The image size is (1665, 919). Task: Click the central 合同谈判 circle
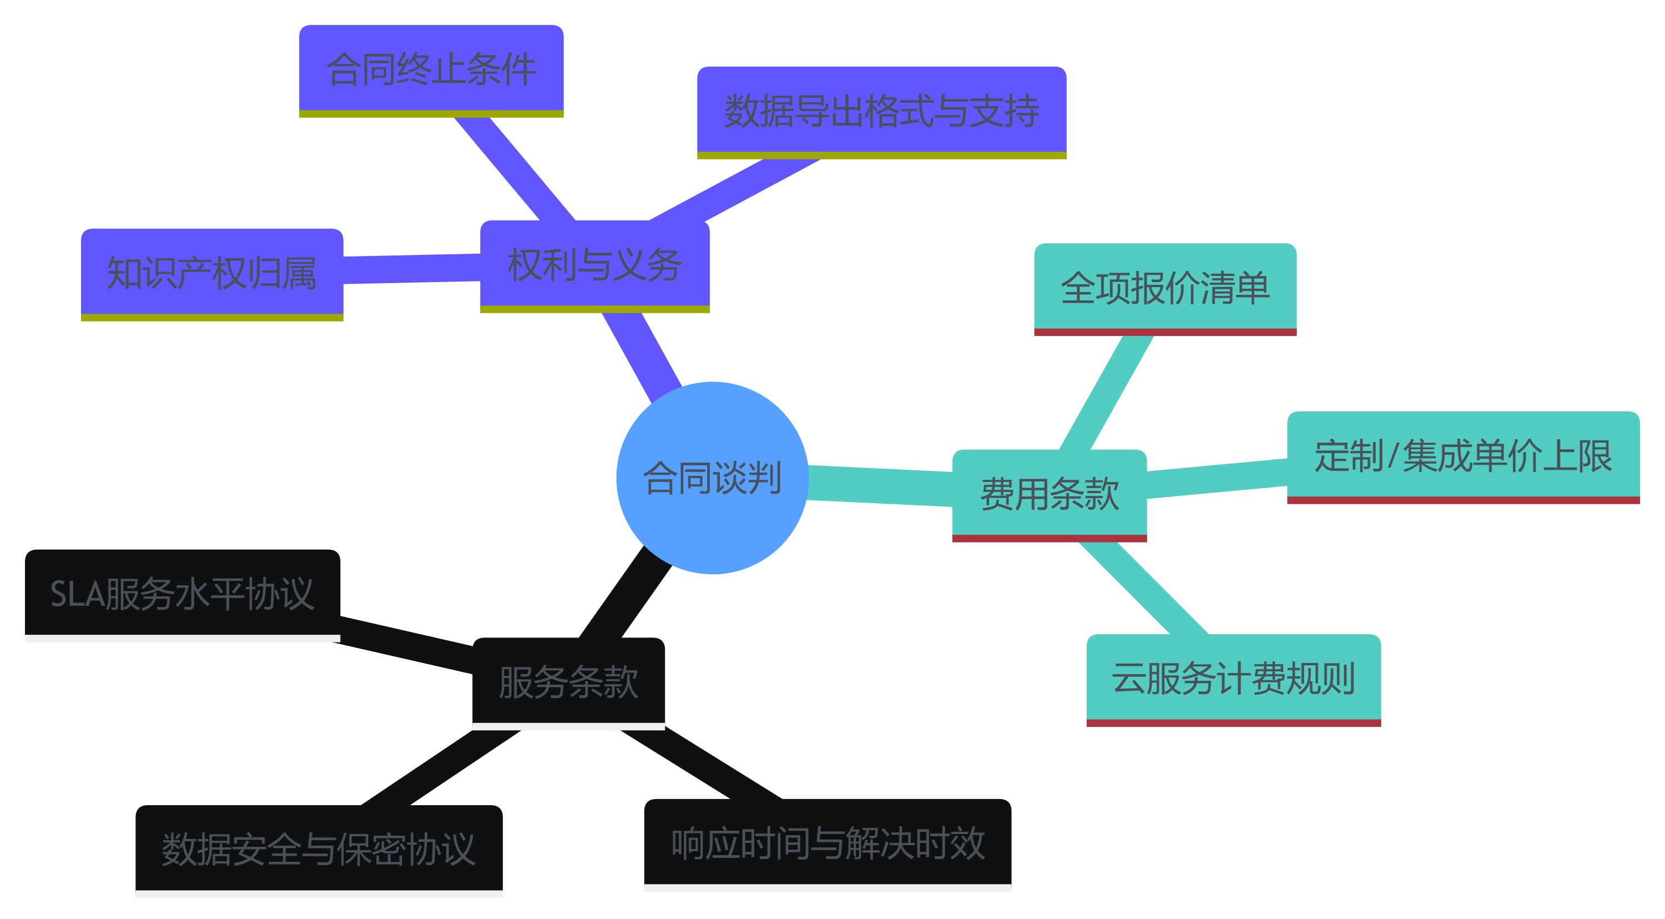pyautogui.click(x=712, y=478)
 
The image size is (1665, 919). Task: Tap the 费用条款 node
pyautogui.click(x=1049, y=494)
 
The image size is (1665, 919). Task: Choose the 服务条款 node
pyautogui.click(x=568, y=682)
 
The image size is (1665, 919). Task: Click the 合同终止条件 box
pyautogui.click(x=431, y=69)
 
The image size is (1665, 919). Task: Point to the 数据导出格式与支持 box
pyautogui.click(x=881, y=111)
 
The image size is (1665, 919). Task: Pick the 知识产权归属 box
pyautogui.click(x=211, y=273)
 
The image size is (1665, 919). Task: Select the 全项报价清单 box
pyautogui.click(x=1165, y=288)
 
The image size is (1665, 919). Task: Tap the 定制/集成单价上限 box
pyautogui.click(x=1462, y=456)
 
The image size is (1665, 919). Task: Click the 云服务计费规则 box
pyautogui.click(x=1233, y=679)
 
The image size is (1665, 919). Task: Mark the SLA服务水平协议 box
pyautogui.click(x=182, y=594)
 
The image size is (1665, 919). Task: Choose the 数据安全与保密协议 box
pyautogui.click(x=319, y=849)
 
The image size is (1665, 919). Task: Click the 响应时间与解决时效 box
pyautogui.click(x=828, y=843)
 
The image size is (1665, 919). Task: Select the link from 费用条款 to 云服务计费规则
pyautogui.click(x=1143, y=589)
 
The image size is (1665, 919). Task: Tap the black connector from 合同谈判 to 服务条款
pyautogui.click(x=625, y=592)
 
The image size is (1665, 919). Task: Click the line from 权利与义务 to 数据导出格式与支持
pyautogui.click(x=734, y=189)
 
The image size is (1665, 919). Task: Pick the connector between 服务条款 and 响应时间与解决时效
pyautogui.click(x=702, y=764)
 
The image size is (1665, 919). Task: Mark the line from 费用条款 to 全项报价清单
pyautogui.click(x=1107, y=393)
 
